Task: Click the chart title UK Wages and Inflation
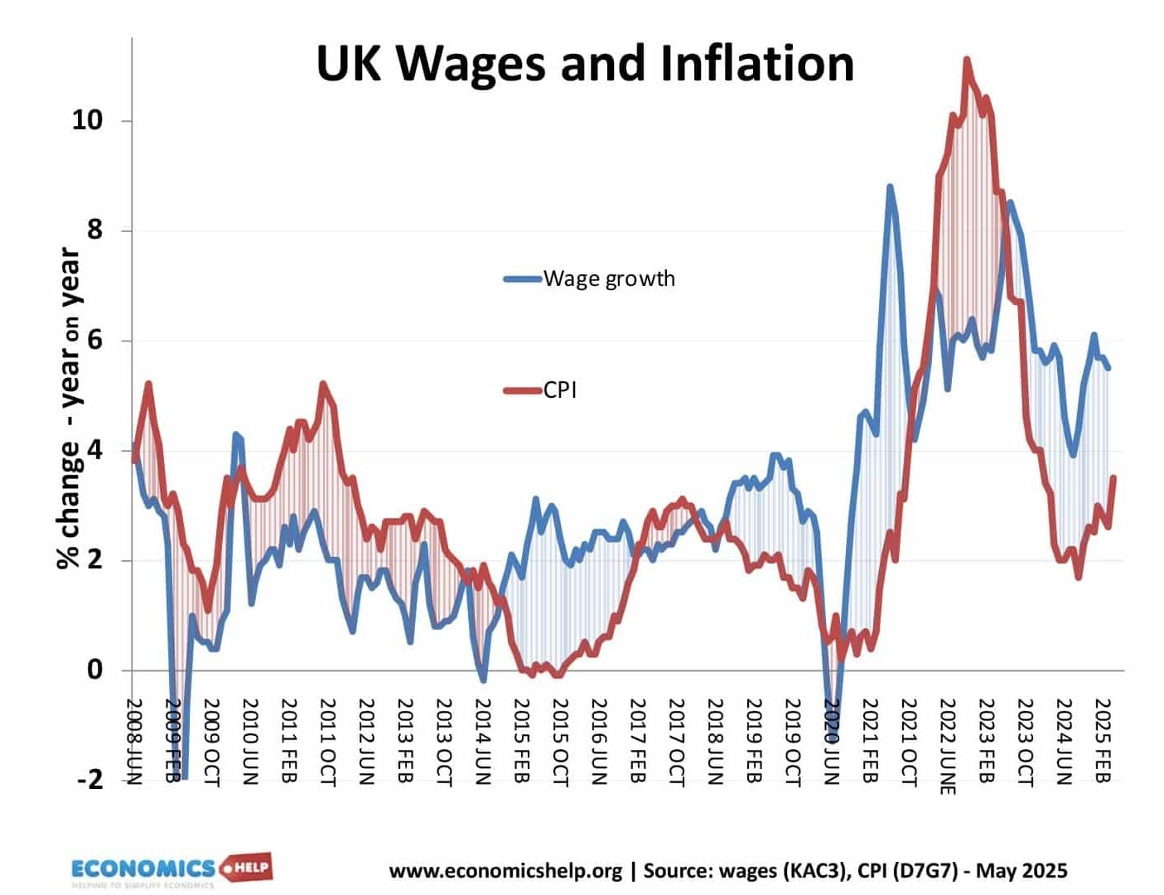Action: (585, 63)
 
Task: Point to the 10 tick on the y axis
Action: (87, 120)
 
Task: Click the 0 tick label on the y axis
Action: (95, 670)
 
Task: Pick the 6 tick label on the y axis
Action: (95, 341)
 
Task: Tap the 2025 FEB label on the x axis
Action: (1103, 739)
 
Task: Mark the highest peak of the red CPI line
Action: (966, 60)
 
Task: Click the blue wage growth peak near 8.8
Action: (890, 187)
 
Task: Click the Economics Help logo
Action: (171, 870)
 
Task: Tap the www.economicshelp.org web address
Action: (505, 871)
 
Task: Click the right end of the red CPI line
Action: (1113, 477)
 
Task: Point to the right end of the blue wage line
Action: (1108, 368)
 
